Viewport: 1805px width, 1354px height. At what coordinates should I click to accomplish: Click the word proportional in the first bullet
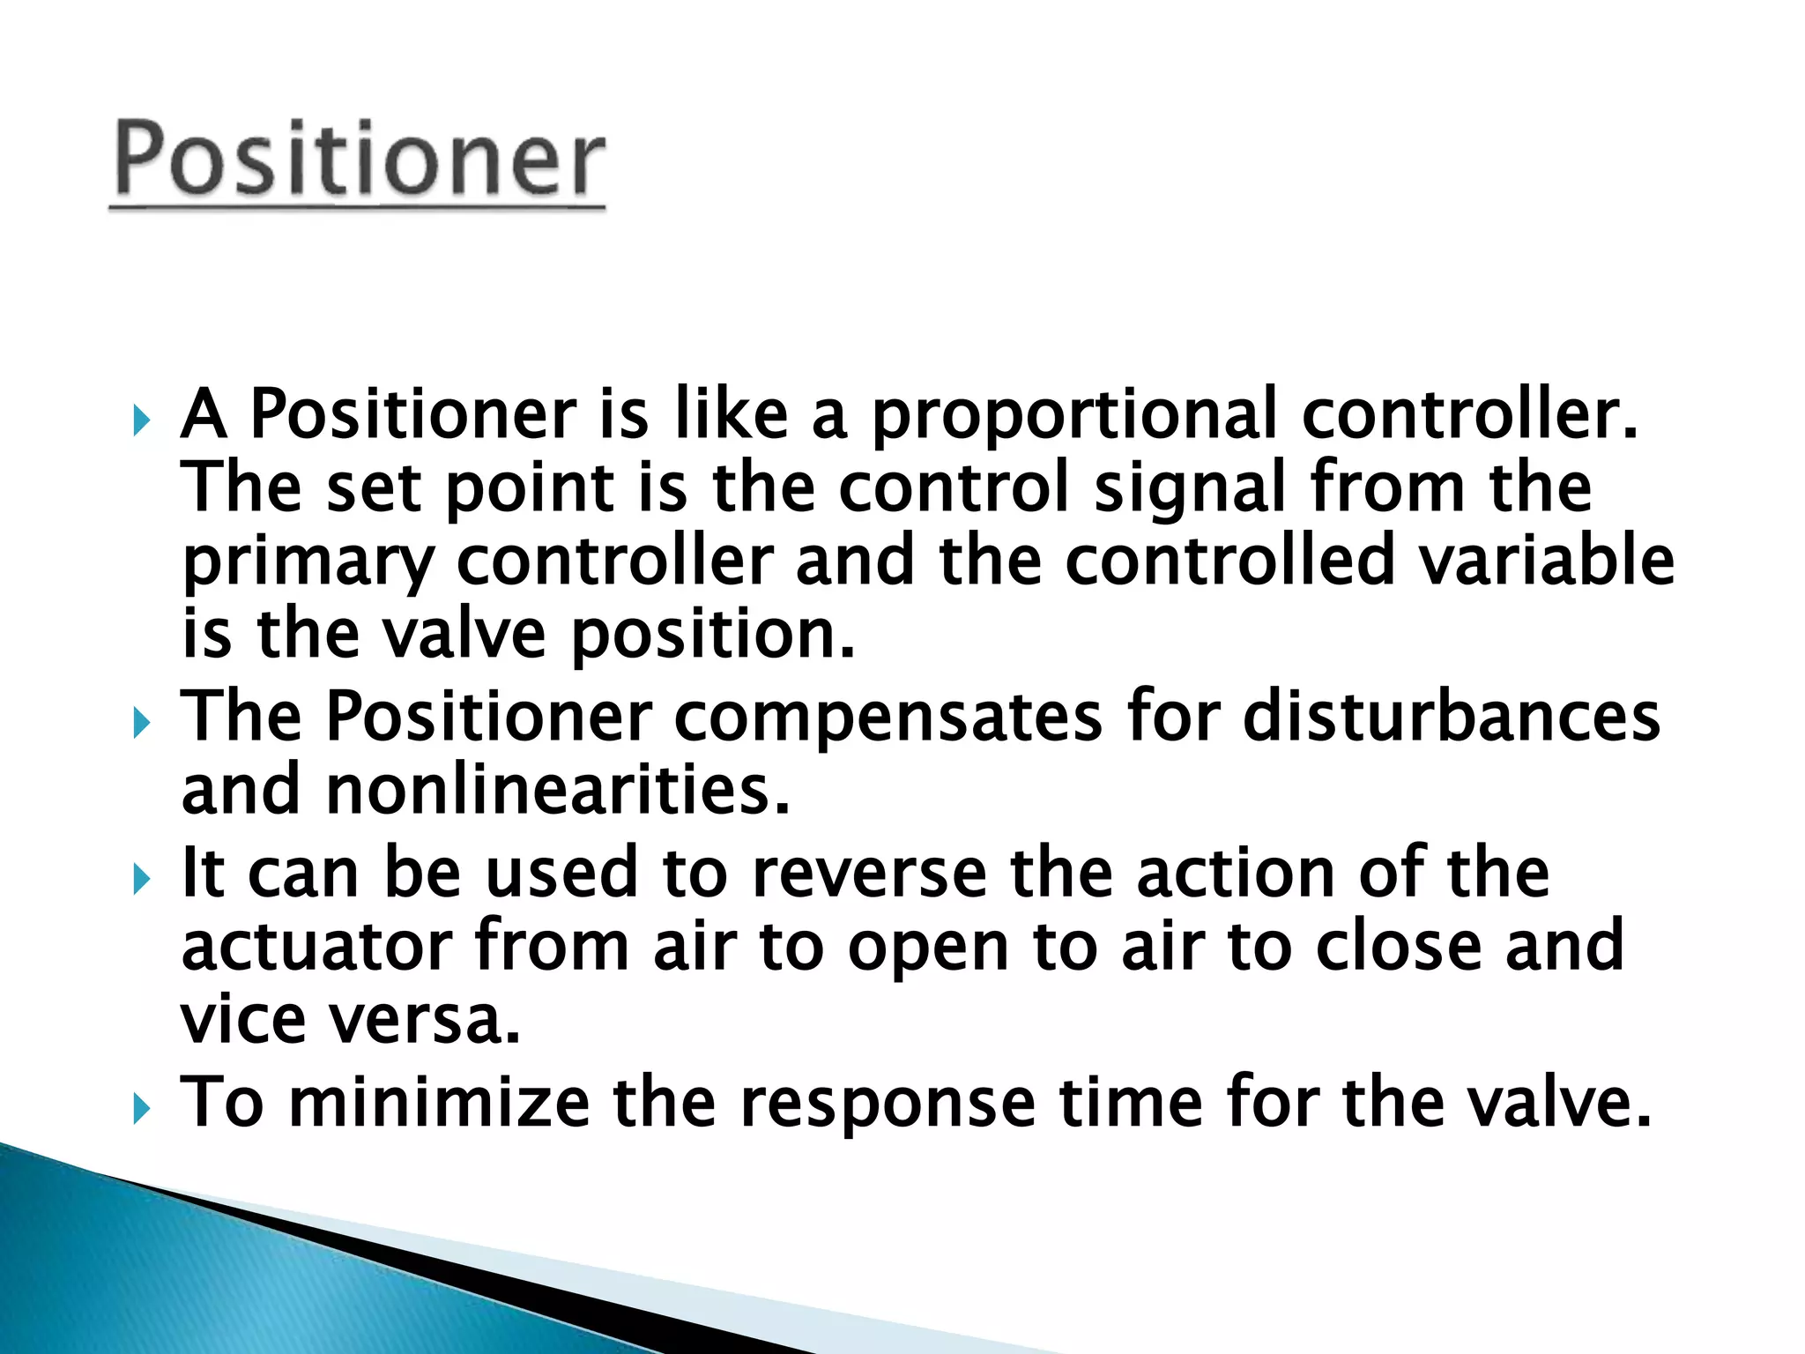1073,414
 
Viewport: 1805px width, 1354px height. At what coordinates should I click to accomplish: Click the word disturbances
1451,716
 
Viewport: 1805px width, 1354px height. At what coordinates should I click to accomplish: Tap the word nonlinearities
557,790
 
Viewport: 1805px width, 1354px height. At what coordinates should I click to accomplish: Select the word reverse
869,873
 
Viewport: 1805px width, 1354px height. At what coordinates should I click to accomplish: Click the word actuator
316,946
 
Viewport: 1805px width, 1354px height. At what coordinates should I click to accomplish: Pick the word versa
424,1020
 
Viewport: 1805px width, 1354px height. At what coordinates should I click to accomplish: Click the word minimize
439,1102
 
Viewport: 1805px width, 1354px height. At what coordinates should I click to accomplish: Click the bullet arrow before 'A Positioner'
142,421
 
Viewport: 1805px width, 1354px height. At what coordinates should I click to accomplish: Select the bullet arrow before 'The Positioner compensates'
142,724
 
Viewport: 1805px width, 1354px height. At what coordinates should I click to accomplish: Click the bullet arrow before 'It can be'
142,879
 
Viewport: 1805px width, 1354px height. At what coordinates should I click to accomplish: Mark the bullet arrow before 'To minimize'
142,1109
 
